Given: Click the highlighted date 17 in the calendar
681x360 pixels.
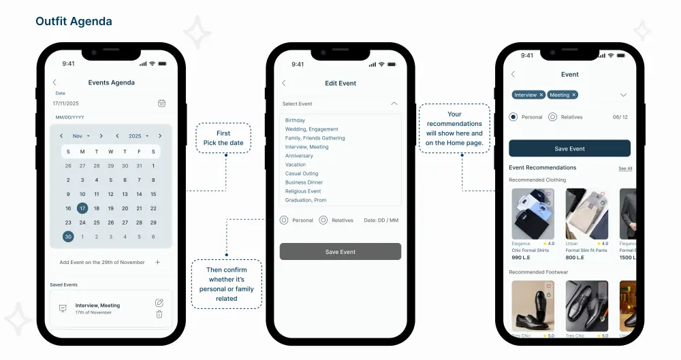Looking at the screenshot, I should point(82,208).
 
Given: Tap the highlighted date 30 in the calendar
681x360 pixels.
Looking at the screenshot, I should point(68,237).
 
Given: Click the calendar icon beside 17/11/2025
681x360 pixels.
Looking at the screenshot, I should point(161,103).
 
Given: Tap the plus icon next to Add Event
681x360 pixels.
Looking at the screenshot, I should point(158,262).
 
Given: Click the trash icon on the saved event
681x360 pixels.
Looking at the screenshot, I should point(159,314).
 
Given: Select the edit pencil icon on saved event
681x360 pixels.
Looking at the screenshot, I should point(159,302).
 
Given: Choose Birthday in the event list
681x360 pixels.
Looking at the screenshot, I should point(296,120).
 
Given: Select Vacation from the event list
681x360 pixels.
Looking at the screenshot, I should point(296,165).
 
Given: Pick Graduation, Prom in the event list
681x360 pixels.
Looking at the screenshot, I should point(306,200).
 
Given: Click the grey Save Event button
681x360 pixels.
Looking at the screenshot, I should point(340,252).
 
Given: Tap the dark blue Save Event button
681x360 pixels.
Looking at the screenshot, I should point(569,148).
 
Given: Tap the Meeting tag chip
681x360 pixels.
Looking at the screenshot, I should point(563,95).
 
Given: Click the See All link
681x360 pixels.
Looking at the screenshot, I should point(625,168).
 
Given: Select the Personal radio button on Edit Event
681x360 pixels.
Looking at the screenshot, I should point(284,220).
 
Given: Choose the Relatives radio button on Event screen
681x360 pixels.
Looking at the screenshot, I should point(552,117).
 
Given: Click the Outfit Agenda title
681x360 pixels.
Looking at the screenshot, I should point(74,22).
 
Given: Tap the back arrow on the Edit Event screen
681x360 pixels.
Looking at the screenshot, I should point(284,83).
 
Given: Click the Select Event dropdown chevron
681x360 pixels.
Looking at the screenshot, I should point(394,103).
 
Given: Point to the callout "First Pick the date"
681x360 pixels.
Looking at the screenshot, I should point(223,138).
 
